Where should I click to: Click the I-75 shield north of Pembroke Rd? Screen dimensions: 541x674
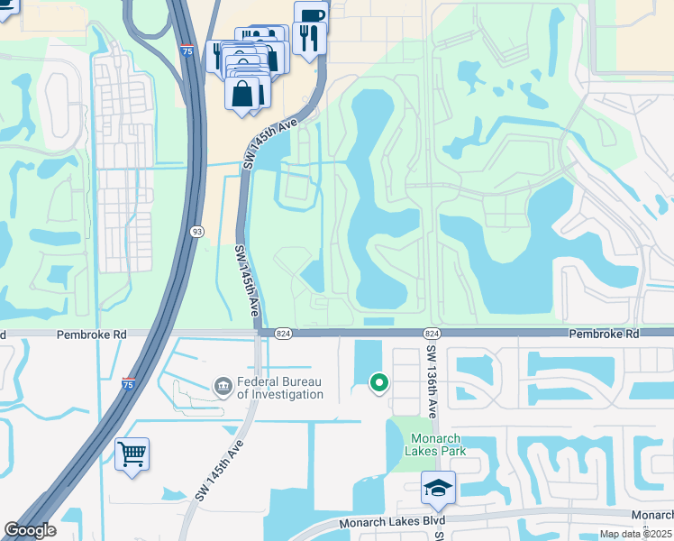[x=187, y=50]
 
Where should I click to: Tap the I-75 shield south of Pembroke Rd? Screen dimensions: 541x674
[x=129, y=384]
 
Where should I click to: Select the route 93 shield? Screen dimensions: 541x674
[x=196, y=231]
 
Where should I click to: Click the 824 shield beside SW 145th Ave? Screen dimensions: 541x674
[x=283, y=334]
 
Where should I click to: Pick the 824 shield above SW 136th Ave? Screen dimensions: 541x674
[x=431, y=334]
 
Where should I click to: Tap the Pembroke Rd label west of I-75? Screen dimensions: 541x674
[x=91, y=334]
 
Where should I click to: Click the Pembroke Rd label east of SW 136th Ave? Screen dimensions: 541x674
[x=604, y=334]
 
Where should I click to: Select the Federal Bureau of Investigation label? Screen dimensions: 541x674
[x=280, y=388]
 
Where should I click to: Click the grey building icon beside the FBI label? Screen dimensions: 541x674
[x=223, y=387]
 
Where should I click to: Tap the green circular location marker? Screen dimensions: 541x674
[x=379, y=383]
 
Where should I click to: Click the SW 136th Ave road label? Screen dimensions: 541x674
[x=433, y=382]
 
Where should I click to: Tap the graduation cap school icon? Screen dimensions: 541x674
[x=438, y=488]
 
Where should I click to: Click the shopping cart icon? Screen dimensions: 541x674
[x=132, y=454]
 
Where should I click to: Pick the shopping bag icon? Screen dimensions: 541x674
[x=242, y=93]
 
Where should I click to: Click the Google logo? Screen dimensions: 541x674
[x=31, y=531]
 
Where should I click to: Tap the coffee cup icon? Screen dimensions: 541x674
[x=311, y=15]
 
